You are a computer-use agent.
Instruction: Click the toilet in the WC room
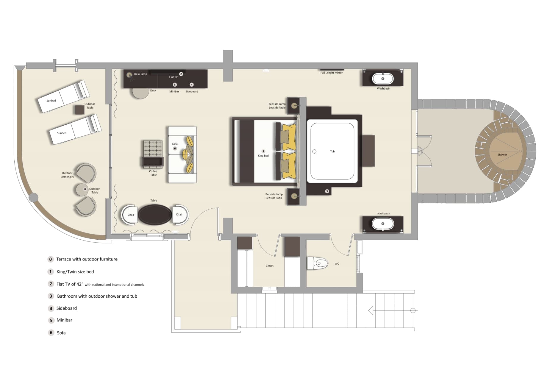[318, 263]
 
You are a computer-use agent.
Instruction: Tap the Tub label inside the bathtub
[332, 152]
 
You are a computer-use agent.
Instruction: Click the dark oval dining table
[155, 215]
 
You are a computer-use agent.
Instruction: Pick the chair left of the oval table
[130, 215]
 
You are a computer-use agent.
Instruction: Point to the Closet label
[270, 266]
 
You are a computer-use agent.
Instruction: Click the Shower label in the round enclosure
[502, 155]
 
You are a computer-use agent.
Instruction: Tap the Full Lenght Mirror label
[331, 73]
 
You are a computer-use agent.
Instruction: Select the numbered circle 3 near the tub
[327, 191]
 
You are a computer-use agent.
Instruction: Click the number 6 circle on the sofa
[175, 148]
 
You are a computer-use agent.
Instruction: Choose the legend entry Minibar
[64, 320]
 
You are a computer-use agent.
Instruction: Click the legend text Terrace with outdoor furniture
[87, 259]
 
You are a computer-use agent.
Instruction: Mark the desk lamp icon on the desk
[129, 75]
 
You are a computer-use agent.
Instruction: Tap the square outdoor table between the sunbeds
[79, 110]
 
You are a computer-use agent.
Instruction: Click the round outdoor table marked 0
[82, 189]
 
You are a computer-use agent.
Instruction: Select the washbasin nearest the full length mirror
[383, 79]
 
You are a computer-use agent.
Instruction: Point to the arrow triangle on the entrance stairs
[371, 310]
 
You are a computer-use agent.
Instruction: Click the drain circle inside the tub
[314, 152]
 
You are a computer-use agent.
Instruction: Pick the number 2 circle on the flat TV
[181, 74]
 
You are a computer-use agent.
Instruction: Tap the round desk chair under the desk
[140, 93]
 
